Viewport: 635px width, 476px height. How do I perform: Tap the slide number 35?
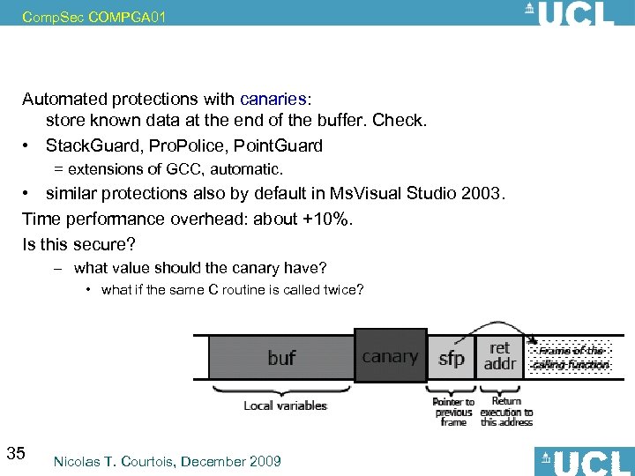[x=15, y=454]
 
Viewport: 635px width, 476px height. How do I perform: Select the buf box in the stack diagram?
[x=281, y=358]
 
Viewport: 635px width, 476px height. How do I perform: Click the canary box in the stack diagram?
[x=390, y=356]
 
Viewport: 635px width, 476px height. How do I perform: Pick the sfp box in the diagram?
[x=451, y=358]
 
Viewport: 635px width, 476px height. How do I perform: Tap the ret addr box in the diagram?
[x=499, y=355]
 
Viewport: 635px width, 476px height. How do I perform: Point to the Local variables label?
[x=285, y=405]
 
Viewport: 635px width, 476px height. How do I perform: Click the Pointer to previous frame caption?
[x=453, y=412]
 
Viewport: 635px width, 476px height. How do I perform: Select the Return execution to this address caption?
[x=506, y=412]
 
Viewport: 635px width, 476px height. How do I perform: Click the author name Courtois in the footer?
[x=152, y=461]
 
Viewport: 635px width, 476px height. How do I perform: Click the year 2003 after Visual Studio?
[x=480, y=193]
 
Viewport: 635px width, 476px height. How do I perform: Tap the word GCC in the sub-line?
[x=184, y=168]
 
